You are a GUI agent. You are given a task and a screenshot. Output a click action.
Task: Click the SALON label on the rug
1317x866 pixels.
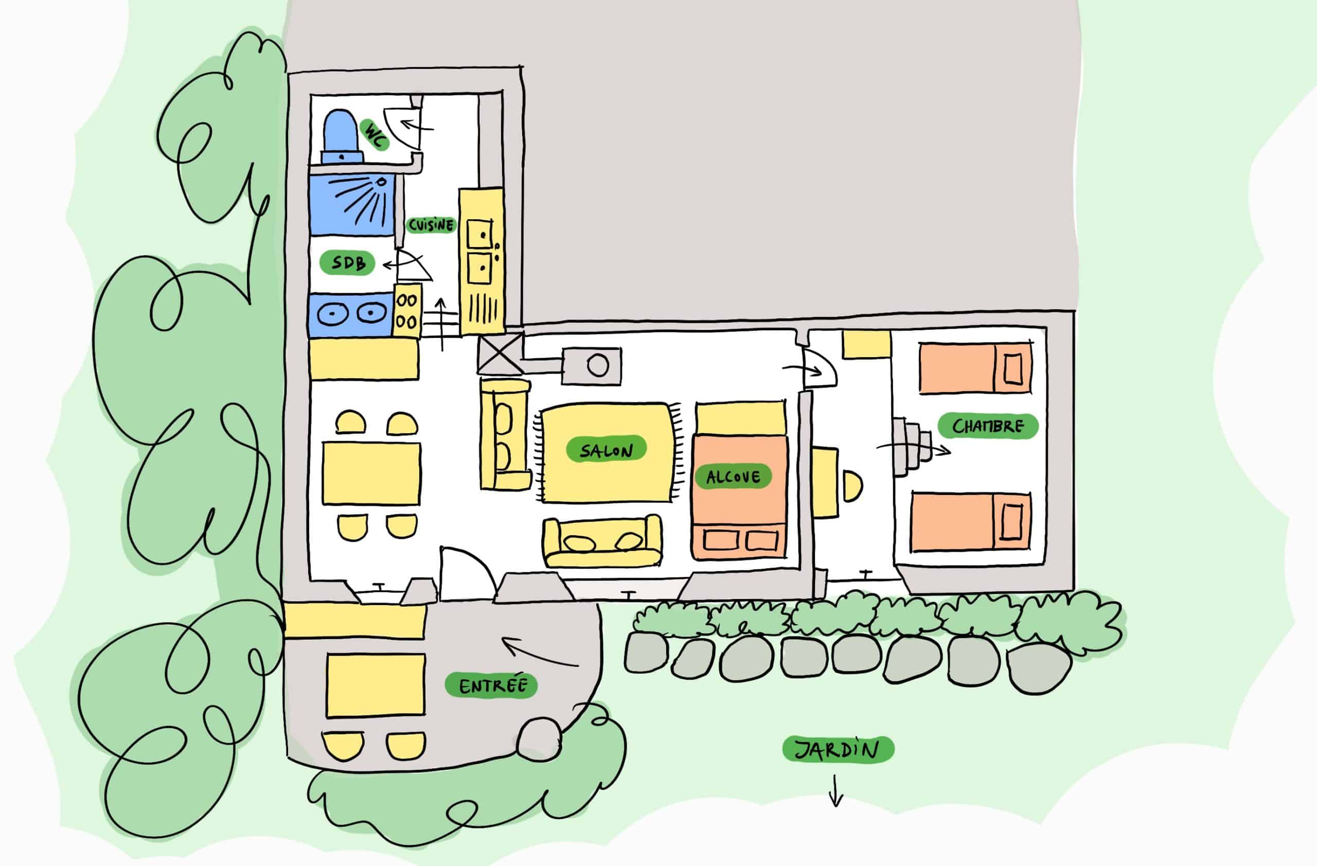pos(607,450)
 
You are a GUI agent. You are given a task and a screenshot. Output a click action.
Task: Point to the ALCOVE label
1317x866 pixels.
pos(733,476)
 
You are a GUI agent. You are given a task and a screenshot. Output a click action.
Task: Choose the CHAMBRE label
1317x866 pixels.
pos(988,426)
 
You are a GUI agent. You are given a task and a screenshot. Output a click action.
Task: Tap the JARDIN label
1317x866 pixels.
pos(837,750)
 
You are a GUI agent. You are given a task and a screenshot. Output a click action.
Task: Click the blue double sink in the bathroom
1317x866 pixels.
pos(350,314)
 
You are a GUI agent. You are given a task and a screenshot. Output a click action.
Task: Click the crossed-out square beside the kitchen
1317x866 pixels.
pos(500,354)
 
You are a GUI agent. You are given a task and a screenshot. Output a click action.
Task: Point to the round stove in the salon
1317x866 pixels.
pos(598,366)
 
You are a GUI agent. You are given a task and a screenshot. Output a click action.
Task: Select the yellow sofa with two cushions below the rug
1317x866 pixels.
pos(602,543)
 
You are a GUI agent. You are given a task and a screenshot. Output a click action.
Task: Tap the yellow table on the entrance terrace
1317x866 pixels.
pos(376,685)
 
